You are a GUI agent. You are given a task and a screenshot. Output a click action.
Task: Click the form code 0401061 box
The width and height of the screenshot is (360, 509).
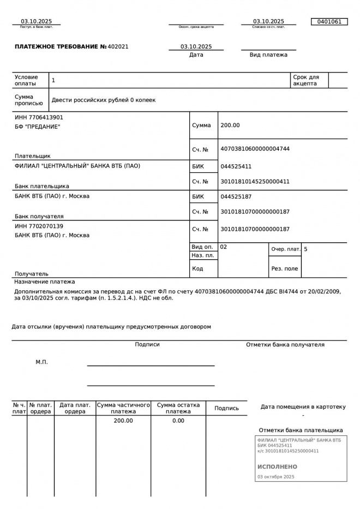(x=329, y=22)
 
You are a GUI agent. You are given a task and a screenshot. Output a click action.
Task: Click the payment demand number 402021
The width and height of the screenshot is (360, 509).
(x=118, y=47)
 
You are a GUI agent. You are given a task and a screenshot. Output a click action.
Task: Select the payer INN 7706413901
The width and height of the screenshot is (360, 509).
(x=39, y=117)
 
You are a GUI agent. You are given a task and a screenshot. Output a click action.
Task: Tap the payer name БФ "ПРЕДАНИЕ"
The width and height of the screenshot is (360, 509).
(x=37, y=127)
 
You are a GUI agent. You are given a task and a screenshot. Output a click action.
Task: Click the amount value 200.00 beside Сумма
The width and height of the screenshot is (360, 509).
(x=230, y=125)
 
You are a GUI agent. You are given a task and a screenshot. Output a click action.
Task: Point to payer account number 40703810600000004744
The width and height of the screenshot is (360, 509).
(x=254, y=149)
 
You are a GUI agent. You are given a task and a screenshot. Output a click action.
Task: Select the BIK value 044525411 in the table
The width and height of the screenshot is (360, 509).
(x=236, y=166)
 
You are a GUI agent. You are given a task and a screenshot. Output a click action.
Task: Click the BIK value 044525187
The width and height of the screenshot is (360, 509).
(x=236, y=196)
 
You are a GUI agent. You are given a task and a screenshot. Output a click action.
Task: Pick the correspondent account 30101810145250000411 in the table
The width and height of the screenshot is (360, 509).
(x=254, y=182)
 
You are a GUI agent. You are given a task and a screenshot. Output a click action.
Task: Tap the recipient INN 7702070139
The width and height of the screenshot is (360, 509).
(x=39, y=226)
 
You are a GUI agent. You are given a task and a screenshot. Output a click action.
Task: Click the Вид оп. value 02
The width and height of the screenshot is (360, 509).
(x=224, y=247)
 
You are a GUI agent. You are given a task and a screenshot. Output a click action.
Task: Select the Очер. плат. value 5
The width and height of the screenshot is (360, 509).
(x=305, y=249)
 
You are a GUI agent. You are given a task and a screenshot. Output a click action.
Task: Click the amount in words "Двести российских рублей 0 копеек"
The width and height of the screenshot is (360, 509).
(x=103, y=100)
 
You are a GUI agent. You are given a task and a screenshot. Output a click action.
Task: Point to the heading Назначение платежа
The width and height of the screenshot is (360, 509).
(x=45, y=282)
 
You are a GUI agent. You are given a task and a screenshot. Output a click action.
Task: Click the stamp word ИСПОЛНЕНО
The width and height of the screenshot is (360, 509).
(x=277, y=467)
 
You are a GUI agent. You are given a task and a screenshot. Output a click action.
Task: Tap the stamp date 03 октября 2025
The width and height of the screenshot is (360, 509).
(x=275, y=477)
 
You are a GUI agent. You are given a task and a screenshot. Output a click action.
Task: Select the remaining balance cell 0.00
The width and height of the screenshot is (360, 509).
(x=178, y=421)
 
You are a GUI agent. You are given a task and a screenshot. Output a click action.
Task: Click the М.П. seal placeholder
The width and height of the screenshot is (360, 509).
(x=41, y=362)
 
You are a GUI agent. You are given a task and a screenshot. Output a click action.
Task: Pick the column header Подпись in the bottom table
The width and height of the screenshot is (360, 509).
(x=226, y=408)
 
